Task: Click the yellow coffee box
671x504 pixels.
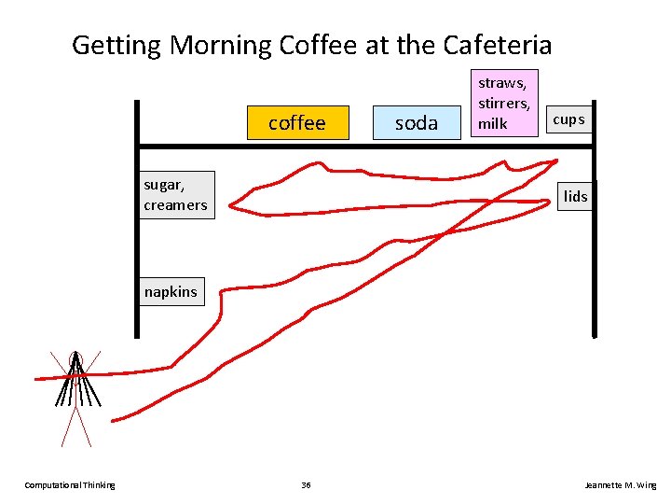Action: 296,122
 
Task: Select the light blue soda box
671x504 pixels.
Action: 416,123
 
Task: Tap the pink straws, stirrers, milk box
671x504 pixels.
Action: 503,103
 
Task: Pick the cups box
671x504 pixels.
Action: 568,119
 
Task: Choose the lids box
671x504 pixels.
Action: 576,195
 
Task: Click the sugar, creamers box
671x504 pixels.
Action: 175,195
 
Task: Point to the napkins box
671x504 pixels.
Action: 171,292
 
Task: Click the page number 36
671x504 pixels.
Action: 307,484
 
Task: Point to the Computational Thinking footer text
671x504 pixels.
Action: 70,484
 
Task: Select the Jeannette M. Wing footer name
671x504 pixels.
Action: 620,484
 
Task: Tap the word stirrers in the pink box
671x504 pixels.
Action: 503,103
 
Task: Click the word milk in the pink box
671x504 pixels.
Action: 492,123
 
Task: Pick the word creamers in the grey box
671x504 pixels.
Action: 175,205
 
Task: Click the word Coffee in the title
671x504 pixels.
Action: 311,45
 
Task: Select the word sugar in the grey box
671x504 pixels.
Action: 165,185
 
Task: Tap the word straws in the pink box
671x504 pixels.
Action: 501,83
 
